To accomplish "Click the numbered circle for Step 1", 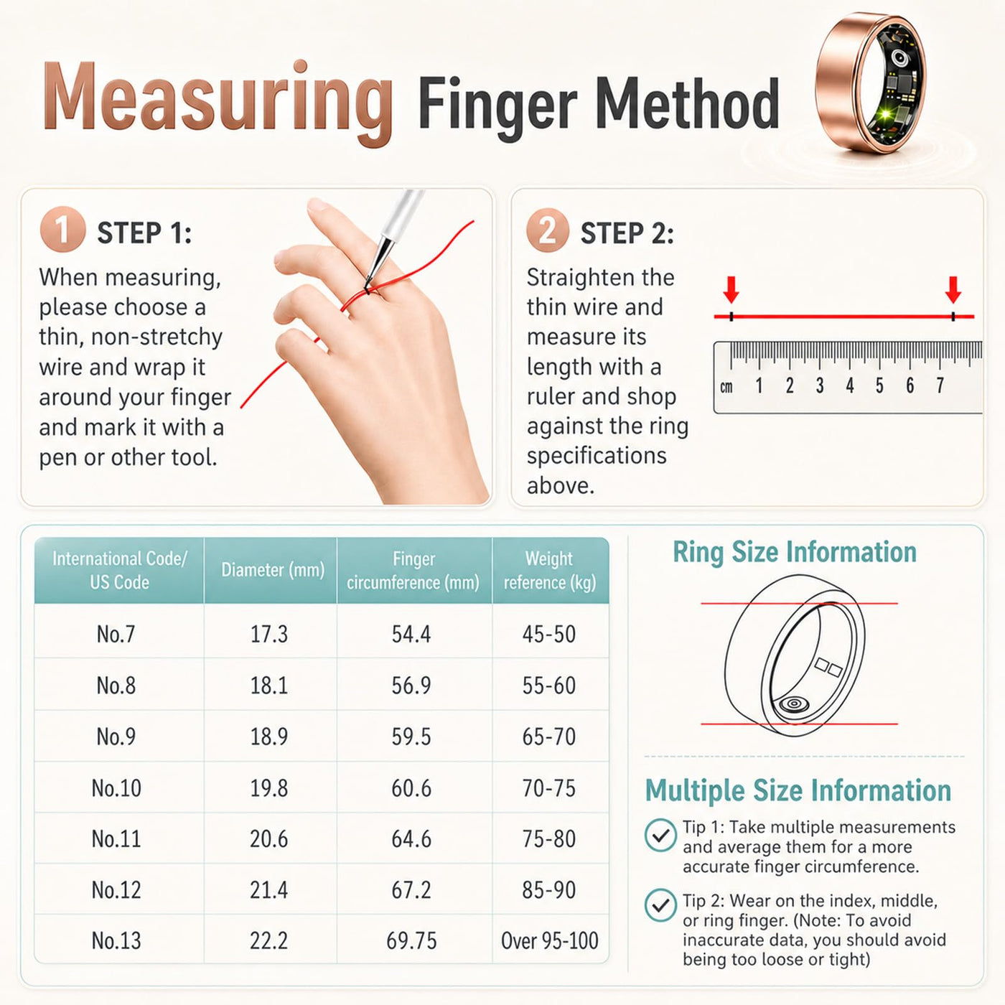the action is tap(62, 230).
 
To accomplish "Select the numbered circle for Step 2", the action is tap(548, 230).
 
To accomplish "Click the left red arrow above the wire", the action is tap(731, 289).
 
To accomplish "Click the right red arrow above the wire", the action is tap(953, 289).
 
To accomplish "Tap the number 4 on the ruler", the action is tap(849, 386).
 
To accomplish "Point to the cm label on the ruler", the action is tap(726, 387).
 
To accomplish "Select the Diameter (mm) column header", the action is tap(272, 570).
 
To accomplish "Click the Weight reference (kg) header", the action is tap(550, 571).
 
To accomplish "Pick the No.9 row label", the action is tap(116, 737).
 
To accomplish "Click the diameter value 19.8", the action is tap(268, 787).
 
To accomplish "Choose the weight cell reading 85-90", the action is tap(548, 889).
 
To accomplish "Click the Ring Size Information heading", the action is tap(794, 552).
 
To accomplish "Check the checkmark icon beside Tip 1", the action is tap(660, 835).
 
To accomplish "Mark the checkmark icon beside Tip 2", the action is tap(660, 905).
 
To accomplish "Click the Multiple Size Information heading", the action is tap(798, 790).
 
